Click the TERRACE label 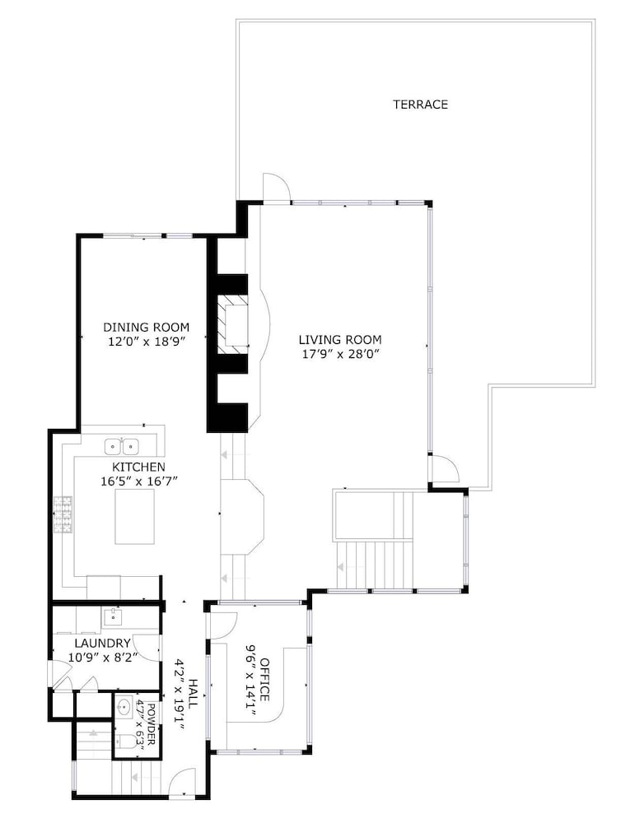click(420, 105)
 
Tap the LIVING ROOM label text click(340, 340)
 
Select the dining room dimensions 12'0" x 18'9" click(146, 342)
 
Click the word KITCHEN click(138, 467)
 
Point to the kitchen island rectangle click(135, 516)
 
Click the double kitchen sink click(121, 447)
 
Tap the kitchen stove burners click(62, 515)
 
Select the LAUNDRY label click(102, 643)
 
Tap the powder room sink click(124, 707)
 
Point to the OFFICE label click(264, 679)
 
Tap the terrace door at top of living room click(276, 186)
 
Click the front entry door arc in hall click(185, 782)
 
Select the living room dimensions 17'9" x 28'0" click(340, 354)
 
